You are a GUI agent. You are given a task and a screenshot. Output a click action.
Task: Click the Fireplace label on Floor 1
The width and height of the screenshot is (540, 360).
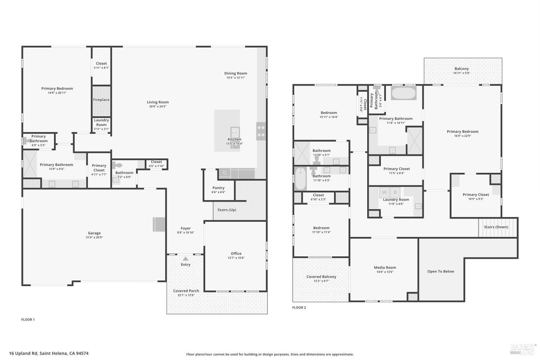coord(101,100)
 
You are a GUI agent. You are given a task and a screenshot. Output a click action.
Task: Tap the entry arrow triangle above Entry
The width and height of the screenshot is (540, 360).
coord(185,258)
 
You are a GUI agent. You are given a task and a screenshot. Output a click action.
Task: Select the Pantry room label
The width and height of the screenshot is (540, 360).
coord(219,188)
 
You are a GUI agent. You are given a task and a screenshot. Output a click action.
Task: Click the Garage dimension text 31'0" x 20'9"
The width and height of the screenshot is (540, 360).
coord(94,238)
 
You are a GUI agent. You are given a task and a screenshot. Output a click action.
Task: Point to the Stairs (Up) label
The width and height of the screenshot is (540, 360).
coord(227,210)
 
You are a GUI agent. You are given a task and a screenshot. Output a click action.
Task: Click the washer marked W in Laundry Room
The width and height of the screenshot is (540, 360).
coord(384,193)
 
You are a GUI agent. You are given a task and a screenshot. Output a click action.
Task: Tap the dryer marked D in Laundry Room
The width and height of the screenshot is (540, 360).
coord(395,193)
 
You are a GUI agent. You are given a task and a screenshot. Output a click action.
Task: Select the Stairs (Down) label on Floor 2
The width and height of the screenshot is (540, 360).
coord(496,227)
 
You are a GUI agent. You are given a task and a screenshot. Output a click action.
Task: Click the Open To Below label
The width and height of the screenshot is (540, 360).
coord(441,271)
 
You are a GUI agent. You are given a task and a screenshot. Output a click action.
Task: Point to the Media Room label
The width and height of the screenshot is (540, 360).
coord(385,267)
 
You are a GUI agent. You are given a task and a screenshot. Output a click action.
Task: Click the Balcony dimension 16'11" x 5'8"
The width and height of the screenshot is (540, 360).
coord(462,73)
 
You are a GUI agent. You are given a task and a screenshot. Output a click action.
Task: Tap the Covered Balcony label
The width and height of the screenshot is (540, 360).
coord(321,277)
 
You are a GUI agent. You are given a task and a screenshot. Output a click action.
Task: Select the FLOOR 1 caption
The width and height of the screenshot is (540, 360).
coord(28,320)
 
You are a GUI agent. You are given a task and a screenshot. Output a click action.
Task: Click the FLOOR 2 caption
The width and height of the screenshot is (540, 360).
coord(299,307)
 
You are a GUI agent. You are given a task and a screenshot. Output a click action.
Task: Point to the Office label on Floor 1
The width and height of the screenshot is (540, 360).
coord(236,253)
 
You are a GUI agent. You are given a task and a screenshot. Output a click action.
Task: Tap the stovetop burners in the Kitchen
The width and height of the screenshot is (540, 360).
coord(261,131)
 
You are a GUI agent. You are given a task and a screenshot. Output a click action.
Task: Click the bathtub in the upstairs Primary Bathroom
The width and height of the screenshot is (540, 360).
coord(404,93)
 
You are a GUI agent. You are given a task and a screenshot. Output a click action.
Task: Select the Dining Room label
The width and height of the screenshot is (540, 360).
coord(236,73)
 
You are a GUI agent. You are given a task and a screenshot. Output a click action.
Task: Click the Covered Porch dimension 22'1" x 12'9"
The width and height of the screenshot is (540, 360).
coord(186,295)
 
